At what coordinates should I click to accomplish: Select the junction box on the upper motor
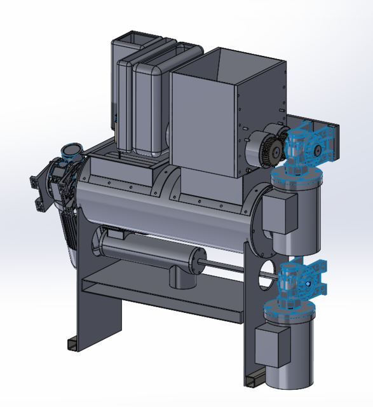(x=280, y=213)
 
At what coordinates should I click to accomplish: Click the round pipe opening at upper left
(x=71, y=151)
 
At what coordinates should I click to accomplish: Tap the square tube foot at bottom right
(x=253, y=380)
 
